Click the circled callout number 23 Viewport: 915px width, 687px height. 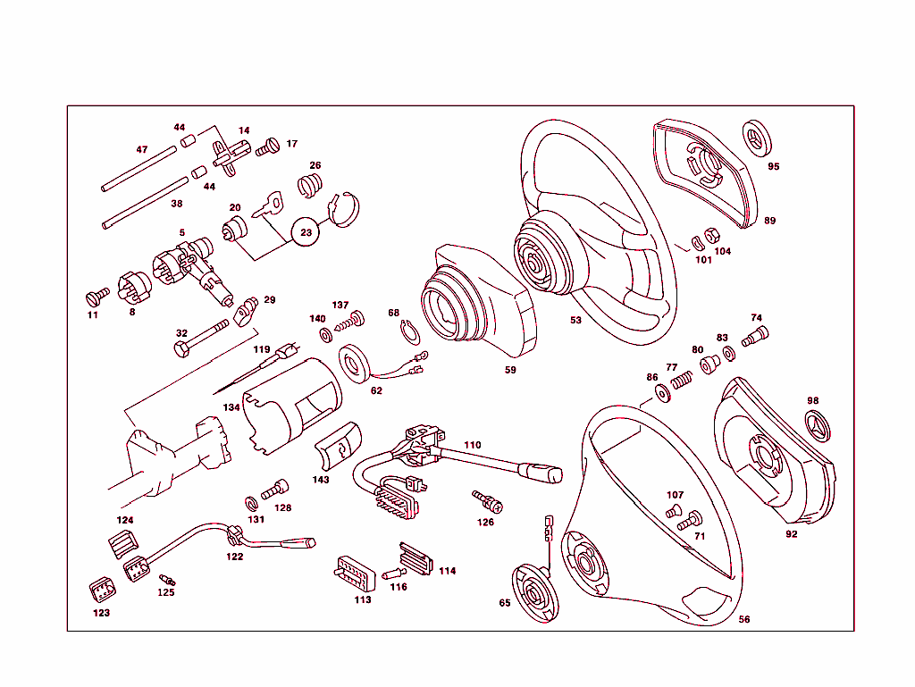point(306,231)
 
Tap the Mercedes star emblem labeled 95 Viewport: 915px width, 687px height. point(759,138)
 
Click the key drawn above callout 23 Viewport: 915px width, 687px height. point(267,205)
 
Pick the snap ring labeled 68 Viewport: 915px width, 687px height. point(408,332)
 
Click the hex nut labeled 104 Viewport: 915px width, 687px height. point(713,237)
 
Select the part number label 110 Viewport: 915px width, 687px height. point(472,445)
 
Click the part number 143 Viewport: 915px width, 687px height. point(321,480)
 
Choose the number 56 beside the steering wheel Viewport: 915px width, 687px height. point(744,618)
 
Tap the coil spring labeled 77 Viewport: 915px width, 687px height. point(682,381)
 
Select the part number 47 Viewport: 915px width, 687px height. point(141,149)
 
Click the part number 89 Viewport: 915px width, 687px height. point(769,220)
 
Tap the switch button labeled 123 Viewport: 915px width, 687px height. point(102,591)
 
